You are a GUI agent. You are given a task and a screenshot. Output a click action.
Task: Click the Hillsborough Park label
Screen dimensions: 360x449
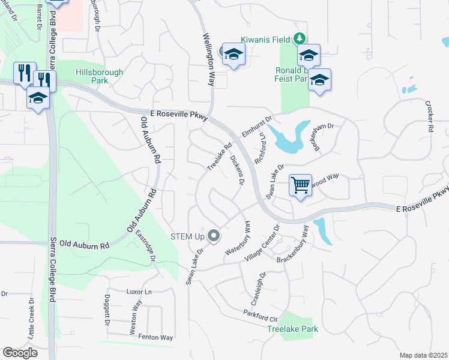tap(100, 76)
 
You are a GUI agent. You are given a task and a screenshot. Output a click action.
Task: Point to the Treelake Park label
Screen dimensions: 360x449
tap(293, 329)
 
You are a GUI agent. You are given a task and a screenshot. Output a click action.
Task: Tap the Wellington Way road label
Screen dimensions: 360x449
tap(208, 59)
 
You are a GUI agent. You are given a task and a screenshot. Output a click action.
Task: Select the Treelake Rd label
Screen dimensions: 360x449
tap(219, 155)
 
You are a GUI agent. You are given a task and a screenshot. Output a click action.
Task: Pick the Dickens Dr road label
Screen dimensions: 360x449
tap(238, 169)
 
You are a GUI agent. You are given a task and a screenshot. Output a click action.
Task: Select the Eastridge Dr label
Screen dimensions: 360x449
tap(145, 247)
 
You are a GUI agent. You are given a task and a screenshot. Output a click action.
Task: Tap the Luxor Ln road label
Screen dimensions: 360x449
tap(140, 292)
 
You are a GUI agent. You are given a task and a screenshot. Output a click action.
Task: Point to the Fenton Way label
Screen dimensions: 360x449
tap(155, 338)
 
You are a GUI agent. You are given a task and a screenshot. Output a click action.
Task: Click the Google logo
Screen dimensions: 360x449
tap(20, 353)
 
